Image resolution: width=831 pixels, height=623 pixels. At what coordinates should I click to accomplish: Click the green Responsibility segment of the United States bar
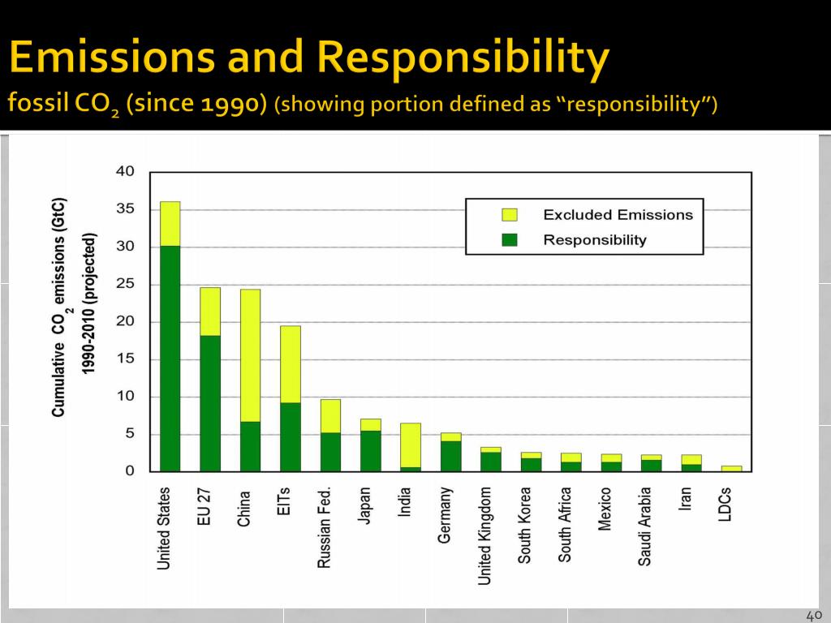click(x=170, y=358)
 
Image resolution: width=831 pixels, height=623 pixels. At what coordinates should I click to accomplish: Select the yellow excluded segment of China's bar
click(x=250, y=355)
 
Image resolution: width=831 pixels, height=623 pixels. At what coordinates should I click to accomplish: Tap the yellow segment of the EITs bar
click(x=290, y=364)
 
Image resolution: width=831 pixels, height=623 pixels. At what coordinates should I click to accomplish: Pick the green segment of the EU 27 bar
click(x=210, y=403)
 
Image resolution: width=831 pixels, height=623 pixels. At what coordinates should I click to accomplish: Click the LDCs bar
click(x=731, y=468)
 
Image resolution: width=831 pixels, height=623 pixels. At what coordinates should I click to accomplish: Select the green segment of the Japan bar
click(x=370, y=451)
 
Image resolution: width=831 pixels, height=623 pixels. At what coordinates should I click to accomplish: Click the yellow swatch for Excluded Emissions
click(x=510, y=215)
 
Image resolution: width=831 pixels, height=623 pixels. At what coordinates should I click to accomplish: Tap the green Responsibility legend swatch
click(x=510, y=239)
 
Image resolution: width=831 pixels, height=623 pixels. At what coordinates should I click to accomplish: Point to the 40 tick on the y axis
click(x=125, y=172)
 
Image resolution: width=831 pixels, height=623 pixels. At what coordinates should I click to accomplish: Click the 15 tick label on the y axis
click(x=125, y=359)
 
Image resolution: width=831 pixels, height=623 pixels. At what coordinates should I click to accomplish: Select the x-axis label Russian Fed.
click(x=325, y=526)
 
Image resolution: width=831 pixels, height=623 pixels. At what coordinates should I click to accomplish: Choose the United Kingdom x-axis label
click(x=484, y=535)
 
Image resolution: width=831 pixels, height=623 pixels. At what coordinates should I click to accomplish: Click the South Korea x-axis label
click(x=525, y=525)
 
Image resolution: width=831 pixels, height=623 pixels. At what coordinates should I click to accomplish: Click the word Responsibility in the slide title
click(x=463, y=58)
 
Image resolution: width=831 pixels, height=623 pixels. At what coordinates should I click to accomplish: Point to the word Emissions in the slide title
click(x=116, y=58)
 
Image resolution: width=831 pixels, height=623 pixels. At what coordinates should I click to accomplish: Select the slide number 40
click(x=814, y=614)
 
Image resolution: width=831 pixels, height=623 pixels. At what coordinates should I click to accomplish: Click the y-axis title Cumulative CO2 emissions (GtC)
click(x=58, y=307)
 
